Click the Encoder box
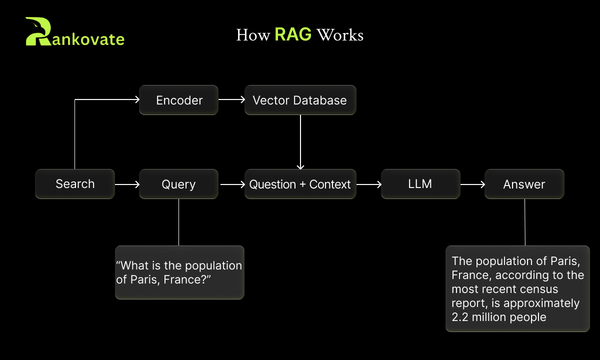coord(178,100)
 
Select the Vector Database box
coord(300,100)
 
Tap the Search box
coord(75,184)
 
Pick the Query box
coord(178,184)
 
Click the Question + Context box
coord(300,184)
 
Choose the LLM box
coord(420,184)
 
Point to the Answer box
coord(524,184)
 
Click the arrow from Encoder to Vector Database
coord(231,99)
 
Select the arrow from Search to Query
coord(127,184)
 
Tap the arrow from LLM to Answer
coord(472,184)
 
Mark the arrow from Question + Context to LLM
coord(368,184)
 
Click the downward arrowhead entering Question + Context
coord(300,167)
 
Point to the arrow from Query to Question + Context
coord(232,184)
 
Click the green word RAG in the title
coord(293,35)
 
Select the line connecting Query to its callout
coord(178,222)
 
